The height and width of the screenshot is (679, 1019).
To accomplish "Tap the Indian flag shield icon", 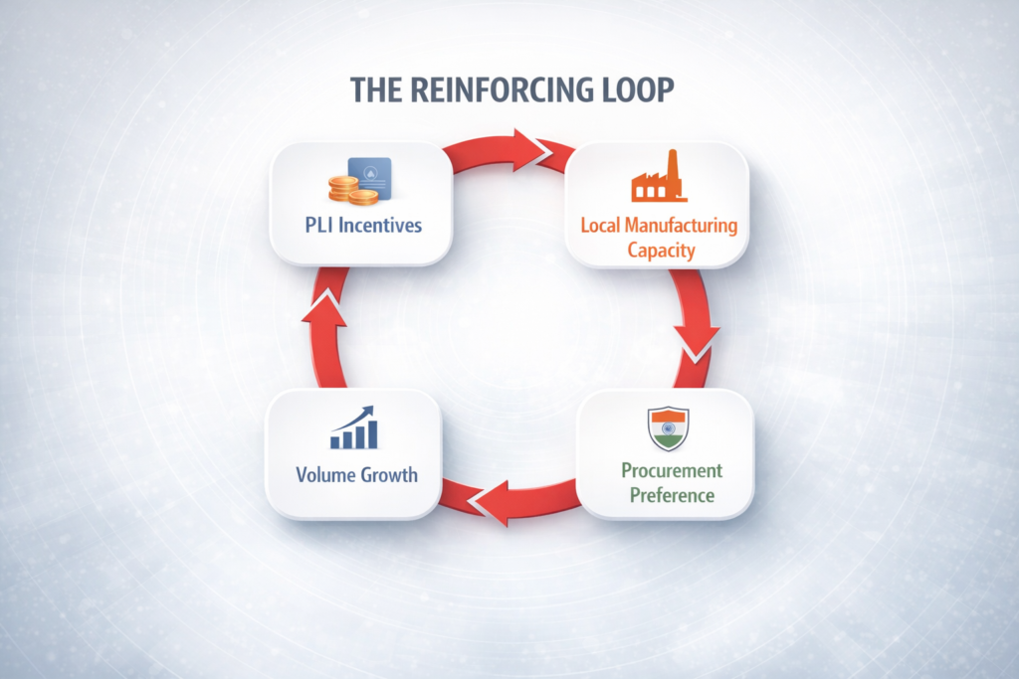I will tap(668, 428).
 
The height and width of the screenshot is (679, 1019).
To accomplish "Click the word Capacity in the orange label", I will tap(659, 249).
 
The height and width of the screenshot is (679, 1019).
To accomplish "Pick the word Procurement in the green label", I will tap(672, 470).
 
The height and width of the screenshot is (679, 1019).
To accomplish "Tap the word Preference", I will tap(672, 494).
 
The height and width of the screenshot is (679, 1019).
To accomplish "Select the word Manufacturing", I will tap(682, 226).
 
